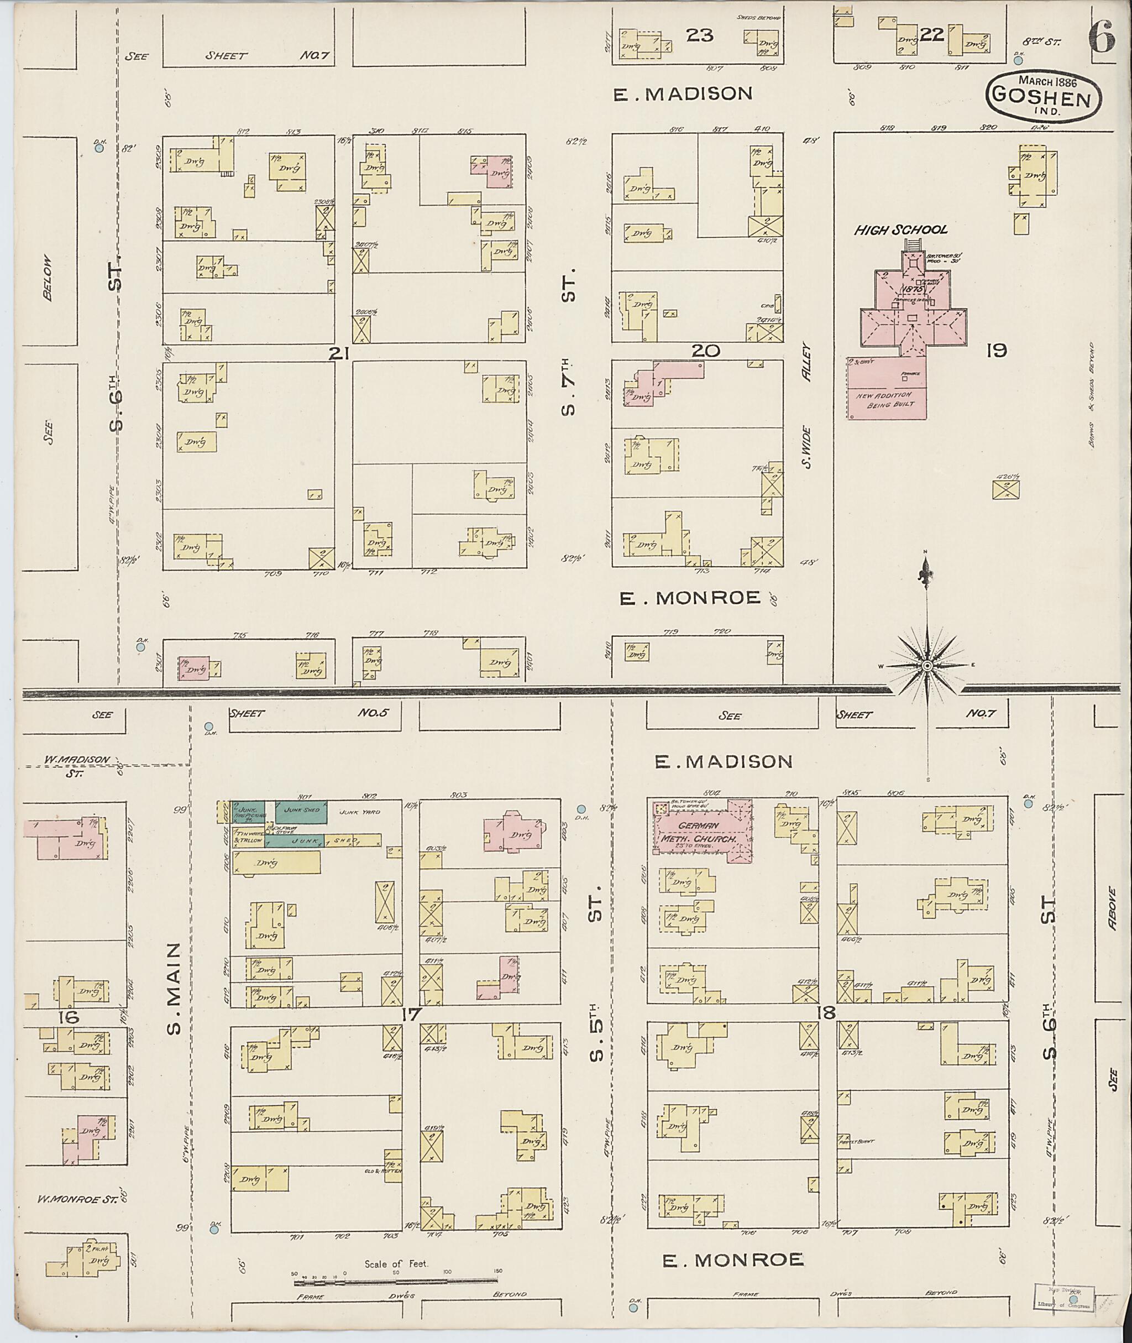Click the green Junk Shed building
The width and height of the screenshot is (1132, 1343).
point(302,812)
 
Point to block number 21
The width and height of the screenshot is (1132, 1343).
point(338,352)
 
